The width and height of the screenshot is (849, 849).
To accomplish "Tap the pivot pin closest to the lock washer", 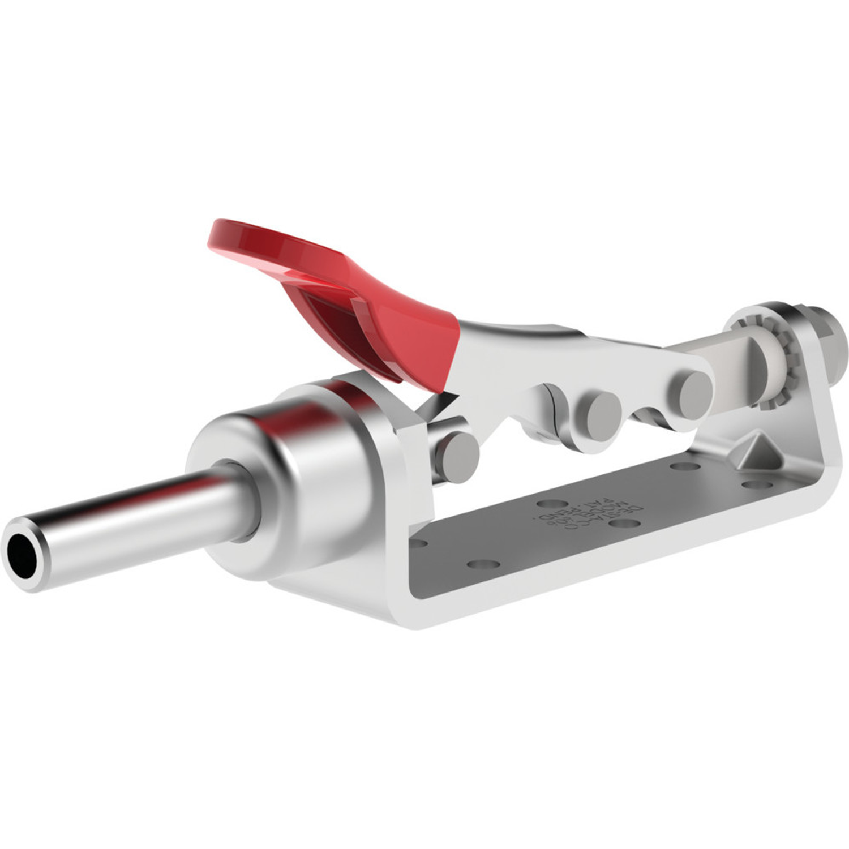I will (x=694, y=391).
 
